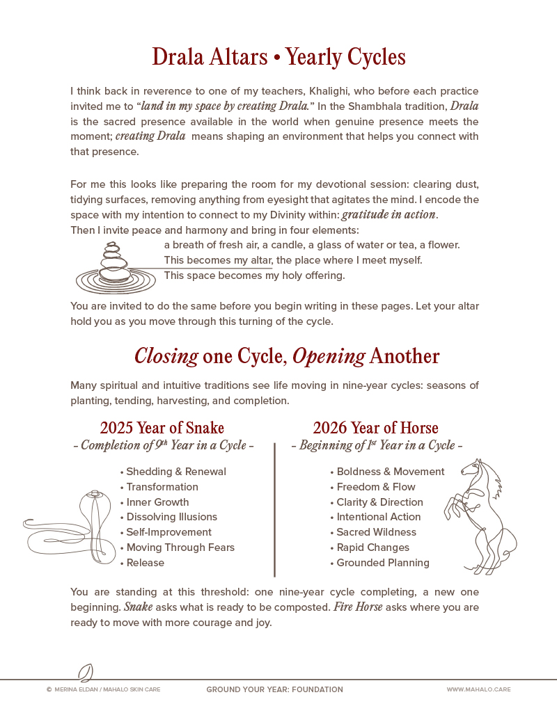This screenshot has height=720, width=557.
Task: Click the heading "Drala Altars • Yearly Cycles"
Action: tap(278, 57)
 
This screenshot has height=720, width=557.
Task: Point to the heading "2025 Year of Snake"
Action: tap(162, 427)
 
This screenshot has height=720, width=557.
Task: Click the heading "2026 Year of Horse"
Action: tap(375, 427)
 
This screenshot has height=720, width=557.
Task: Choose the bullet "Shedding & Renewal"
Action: tap(175, 472)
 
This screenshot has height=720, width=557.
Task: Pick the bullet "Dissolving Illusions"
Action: tap(171, 517)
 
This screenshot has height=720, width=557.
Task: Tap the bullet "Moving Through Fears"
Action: tap(180, 547)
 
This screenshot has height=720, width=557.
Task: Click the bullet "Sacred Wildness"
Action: tap(376, 532)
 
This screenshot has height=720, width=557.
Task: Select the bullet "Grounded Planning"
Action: tap(382, 563)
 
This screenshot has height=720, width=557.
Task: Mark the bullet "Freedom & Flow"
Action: tap(375, 487)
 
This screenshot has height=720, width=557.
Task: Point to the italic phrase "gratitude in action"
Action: tap(389, 214)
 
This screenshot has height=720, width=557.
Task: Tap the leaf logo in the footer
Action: tap(86, 673)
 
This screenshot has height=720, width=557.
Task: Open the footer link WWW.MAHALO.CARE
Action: tap(478, 690)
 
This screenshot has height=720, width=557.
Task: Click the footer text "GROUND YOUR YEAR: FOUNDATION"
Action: tap(274, 690)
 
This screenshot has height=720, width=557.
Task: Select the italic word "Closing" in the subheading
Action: tap(166, 356)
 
